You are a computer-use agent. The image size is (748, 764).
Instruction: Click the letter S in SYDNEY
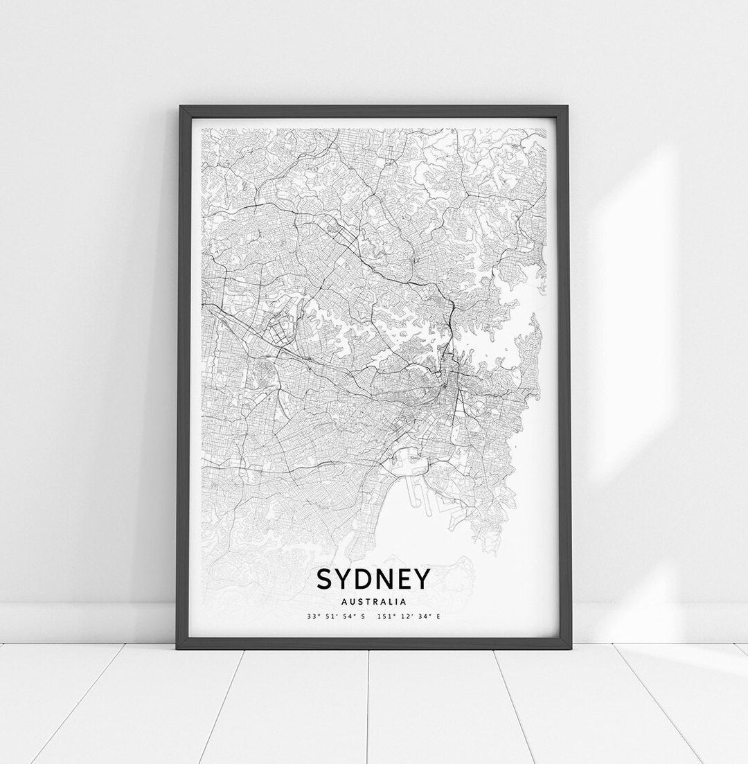(325, 579)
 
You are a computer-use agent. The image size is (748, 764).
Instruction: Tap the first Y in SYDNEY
(344, 579)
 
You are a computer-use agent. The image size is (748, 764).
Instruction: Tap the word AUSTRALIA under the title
(374, 601)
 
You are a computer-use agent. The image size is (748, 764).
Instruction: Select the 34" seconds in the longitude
(423, 616)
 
